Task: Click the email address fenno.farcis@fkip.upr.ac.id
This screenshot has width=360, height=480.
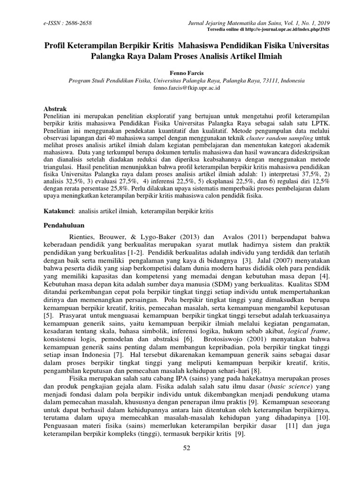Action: (x=180, y=88)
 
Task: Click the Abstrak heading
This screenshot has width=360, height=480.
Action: (x=55, y=107)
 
